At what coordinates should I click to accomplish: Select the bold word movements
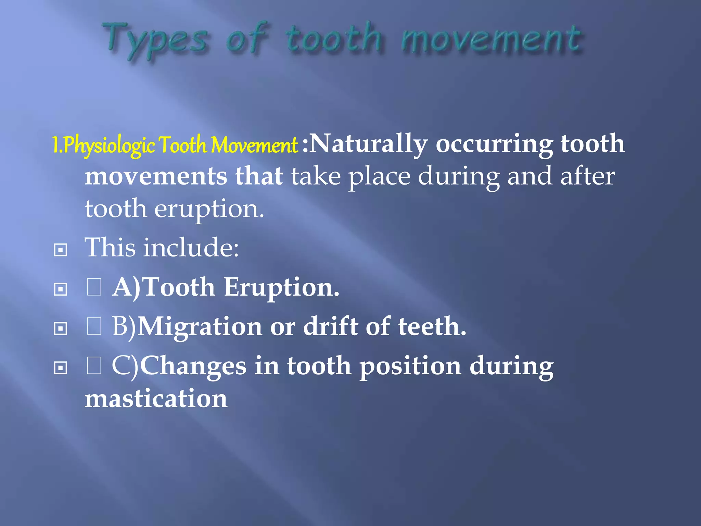coord(156,176)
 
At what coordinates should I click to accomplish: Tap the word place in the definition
coord(379,177)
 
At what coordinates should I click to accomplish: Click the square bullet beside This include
coord(61,250)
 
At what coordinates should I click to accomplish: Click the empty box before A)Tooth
coord(94,287)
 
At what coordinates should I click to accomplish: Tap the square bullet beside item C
coord(61,368)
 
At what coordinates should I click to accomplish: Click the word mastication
coord(156,399)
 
